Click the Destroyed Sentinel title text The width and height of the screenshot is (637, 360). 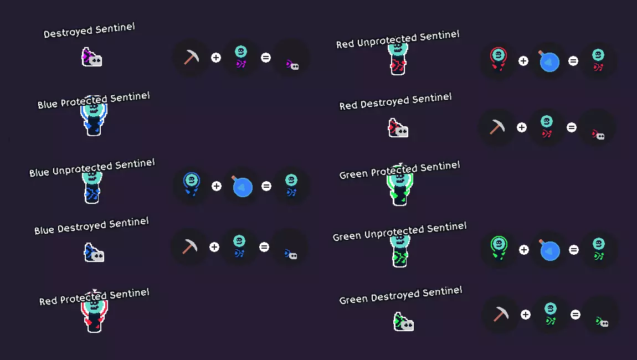click(x=89, y=30)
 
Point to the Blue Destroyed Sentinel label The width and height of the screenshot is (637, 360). click(x=91, y=226)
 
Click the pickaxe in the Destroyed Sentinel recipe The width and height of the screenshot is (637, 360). click(x=191, y=57)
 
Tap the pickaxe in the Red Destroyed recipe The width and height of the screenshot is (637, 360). click(x=496, y=127)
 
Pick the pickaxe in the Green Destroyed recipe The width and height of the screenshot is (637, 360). click(x=500, y=314)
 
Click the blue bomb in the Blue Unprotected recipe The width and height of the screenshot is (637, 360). click(x=242, y=187)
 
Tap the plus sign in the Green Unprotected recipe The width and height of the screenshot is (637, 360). click(x=524, y=250)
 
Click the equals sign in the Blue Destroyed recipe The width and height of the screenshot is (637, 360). click(x=264, y=247)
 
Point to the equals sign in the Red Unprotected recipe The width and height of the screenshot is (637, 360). click(x=573, y=61)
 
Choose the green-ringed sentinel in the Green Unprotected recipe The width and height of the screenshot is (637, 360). click(x=499, y=248)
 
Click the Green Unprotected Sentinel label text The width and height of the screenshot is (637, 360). click(x=399, y=232)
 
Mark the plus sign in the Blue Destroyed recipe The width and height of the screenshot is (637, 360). click(x=214, y=247)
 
